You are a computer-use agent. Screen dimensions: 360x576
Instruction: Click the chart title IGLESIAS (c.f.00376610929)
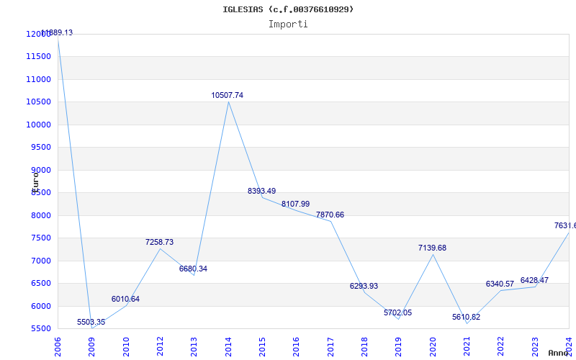288,9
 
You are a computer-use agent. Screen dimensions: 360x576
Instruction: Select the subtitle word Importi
288,24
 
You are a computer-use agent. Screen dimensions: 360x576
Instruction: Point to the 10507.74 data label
227,95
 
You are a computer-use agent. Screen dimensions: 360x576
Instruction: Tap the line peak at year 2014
228,102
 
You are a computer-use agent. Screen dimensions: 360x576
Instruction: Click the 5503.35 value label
91,322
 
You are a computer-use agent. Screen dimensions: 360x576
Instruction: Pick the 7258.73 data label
159,242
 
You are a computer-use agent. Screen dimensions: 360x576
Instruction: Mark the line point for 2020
433,254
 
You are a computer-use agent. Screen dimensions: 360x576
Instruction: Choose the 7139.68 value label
432,248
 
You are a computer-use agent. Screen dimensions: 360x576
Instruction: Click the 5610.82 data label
466,317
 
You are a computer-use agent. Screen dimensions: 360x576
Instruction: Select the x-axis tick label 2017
330,346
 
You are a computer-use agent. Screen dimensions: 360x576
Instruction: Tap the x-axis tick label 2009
92,346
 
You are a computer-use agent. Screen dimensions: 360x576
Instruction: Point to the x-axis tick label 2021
467,346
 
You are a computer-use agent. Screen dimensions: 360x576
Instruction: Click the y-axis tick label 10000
38,125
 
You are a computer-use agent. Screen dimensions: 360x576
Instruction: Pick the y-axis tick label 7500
40,238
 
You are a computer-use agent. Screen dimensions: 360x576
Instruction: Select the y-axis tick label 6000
40,306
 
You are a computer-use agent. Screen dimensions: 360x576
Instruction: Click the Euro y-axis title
35,180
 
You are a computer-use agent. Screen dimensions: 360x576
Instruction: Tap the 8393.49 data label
261,191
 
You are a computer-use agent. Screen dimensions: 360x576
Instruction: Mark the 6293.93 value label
364,286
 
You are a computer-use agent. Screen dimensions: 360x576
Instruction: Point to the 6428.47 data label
534,280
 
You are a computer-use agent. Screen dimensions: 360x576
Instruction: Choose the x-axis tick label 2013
194,346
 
